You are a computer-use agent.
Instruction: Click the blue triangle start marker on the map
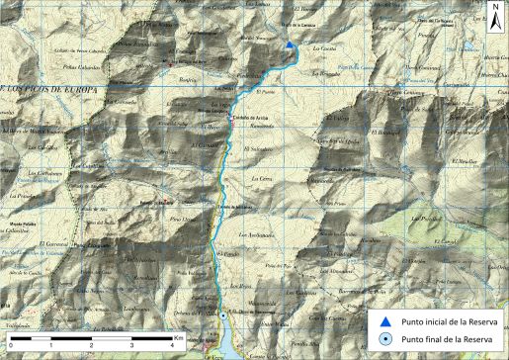[x=289, y=45]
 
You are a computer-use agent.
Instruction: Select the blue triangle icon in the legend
[x=386, y=320]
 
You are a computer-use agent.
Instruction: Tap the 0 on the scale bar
[x=11, y=348]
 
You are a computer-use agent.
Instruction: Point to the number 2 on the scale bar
[x=92, y=348]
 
